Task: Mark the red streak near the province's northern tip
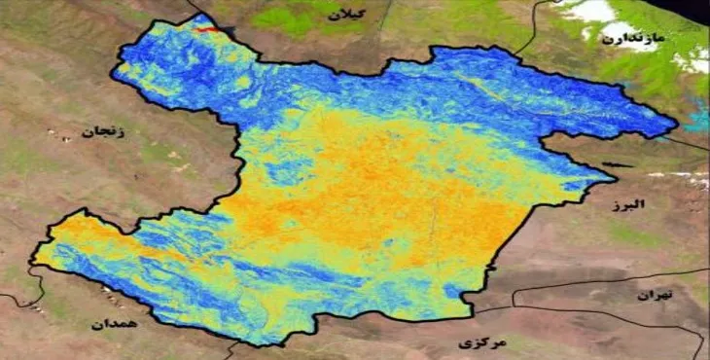[x=205, y=30]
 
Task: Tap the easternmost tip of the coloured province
[x=676, y=126]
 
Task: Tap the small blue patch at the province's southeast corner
[x=455, y=293]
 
